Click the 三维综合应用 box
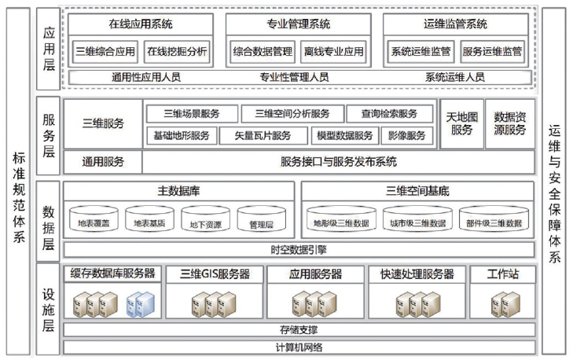[105, 52]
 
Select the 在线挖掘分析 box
[178, 52]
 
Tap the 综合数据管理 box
[263, 52]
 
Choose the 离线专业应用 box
[333, 52]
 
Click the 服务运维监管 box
[492, 52]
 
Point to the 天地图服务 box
[461, 123]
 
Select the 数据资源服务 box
[510, 123]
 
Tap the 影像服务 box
[407, 135]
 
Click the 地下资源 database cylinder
[206, 221]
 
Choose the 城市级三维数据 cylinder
[417, 221]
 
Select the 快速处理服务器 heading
[417, 274]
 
